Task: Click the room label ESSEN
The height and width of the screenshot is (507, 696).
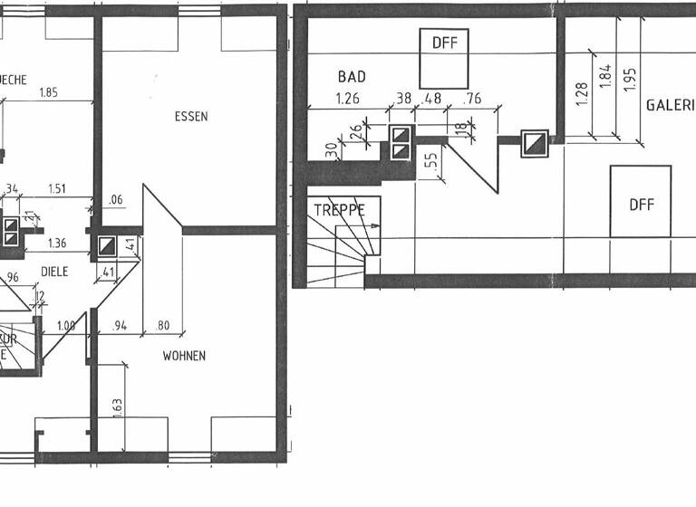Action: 191,117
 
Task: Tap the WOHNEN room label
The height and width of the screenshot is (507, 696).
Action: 184,356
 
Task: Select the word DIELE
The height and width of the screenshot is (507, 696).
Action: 54,271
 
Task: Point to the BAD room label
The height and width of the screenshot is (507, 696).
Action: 352,77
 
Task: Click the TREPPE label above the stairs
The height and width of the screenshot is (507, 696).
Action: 339,209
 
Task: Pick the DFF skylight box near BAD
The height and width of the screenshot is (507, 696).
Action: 444,56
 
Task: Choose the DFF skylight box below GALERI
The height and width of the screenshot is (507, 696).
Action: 641,202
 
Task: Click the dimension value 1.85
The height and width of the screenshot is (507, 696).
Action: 48,92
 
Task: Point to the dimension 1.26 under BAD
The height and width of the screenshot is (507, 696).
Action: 348,99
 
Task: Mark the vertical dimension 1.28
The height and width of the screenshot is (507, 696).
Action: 581,91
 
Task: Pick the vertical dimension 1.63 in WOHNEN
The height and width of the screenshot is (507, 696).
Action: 117,407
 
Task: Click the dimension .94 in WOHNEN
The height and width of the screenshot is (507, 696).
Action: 118,326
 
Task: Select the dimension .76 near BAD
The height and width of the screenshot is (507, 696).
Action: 473,99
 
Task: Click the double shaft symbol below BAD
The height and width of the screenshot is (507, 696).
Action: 401,143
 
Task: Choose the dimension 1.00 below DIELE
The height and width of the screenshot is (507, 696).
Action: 65,326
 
